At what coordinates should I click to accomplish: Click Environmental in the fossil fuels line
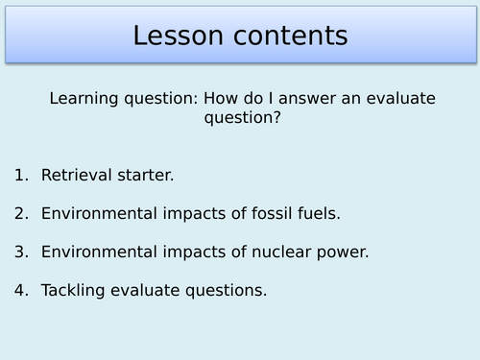coord(97,214)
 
